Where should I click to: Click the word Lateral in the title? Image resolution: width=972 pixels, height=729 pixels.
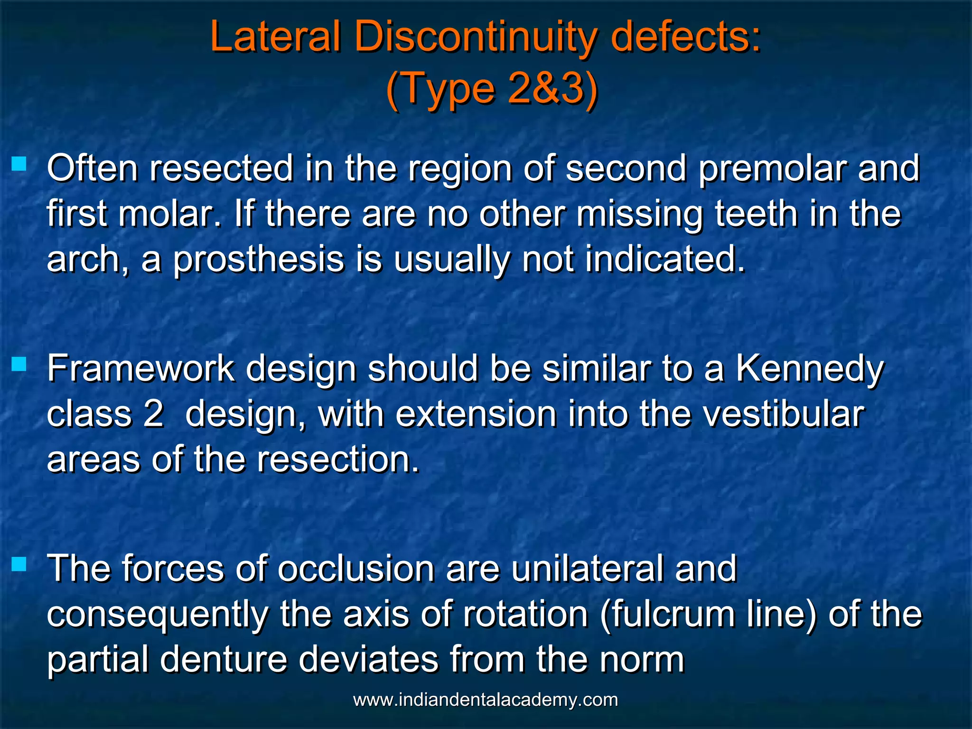(x=275, y=37)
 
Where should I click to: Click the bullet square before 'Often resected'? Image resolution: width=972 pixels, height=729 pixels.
(x=19, y=164)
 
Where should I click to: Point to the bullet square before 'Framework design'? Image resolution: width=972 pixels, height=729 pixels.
(x=19, y=364)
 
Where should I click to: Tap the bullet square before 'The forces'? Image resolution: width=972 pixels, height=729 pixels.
(x=19, y=564)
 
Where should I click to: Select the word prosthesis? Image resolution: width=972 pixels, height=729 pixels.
(x=258, y=260)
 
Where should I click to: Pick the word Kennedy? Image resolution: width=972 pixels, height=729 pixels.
(x=810, y=369)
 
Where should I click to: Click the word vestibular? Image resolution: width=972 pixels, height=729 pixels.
(x=783, y=414)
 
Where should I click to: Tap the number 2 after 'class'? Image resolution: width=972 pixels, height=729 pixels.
(x=153, y=414)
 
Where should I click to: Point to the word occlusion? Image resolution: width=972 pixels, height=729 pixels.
(x=355, y=568)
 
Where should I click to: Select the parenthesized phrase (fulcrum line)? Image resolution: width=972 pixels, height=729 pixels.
(x=708, y=614)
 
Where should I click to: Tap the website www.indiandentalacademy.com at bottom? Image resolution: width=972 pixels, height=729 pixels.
(x=486, y=700)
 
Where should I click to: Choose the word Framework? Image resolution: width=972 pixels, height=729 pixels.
(x=140, y=369)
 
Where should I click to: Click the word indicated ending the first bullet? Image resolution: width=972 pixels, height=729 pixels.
(x=664, y=260)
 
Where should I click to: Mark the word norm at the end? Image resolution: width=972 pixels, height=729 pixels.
(x=642, y=659)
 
